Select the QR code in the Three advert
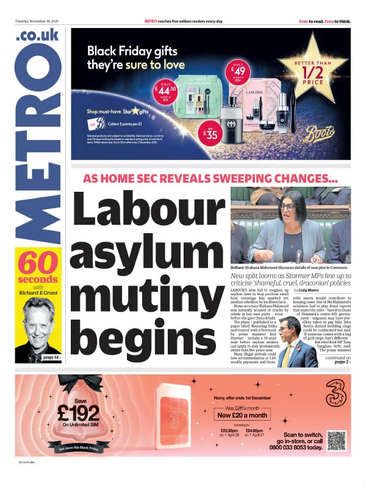(x=336, y=440)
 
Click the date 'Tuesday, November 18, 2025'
(x=38, y=21)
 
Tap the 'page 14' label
(x=51, y=357)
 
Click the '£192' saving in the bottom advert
(x=77, y=412)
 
